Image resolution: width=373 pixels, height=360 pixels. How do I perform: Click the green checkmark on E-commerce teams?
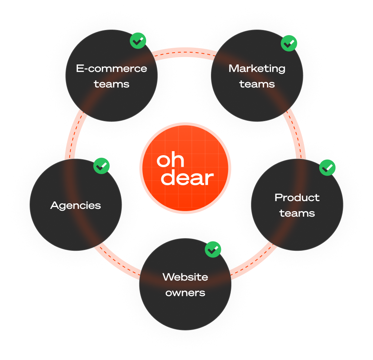pyautogui.click(x=138, y=41)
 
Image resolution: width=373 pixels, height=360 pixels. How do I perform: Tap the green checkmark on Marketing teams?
pyautogui.click(x=289, y=43)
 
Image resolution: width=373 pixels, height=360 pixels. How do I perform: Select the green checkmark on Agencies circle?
pyautogui.click(x=101, y=166)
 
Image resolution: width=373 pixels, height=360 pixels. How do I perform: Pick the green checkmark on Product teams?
pyautogui.click(x=327, y=168)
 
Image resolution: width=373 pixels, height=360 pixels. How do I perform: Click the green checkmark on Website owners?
pyautogui.click(x=213, y=249)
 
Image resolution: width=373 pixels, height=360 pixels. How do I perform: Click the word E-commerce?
pyautogui.click(x=112, y=69)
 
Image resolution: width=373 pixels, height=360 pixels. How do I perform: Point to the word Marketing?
pyautogui.click(x=257, y=69)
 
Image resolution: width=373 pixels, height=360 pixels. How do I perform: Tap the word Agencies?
pyautogui.click(x=76, y=206)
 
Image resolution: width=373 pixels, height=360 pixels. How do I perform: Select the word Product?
pyautogui.click(x=297, y=197)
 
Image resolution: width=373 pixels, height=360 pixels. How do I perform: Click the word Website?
pyautogui.click(x=185, y=277)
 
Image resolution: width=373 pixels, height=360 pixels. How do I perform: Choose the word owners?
pyautogui.click(x=185, y=293)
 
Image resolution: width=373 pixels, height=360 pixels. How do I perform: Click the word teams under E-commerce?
pyautogui.click(x=112, y=84)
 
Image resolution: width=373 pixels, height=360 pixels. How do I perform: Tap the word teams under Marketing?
pyautogui.click(x=257, y=84)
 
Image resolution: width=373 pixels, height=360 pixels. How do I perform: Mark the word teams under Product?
pyautogui.click(x=297, y=213)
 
